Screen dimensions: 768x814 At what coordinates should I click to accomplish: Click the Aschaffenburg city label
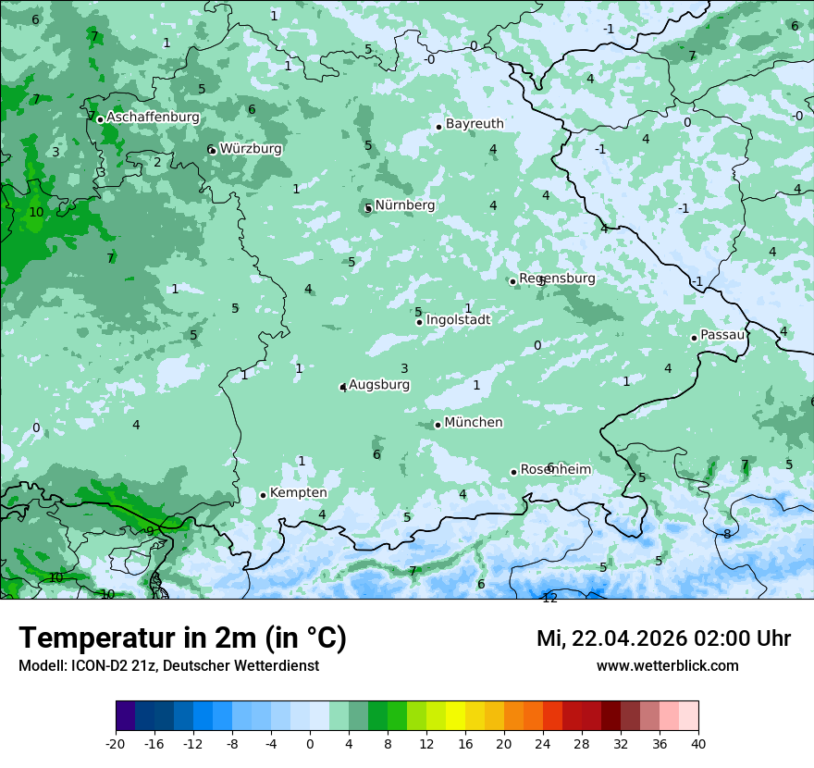click(153, 118)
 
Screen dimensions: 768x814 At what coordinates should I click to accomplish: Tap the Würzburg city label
click(251, 148)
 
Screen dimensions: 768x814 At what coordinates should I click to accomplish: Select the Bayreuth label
click(475, 123)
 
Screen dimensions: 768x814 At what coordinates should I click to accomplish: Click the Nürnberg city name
click(405, 204)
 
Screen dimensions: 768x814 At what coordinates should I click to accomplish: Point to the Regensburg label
click(557, 278)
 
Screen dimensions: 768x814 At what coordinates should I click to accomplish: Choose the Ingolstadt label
click(458, 319)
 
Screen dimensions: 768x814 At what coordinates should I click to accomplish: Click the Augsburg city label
click(379, 384)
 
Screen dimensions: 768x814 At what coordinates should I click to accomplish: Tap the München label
click(474, 422)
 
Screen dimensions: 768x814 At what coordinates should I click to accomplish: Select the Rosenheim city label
click(556, 469)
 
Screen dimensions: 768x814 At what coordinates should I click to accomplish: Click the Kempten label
click(298, 492)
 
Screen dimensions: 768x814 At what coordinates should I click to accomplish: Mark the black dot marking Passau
click(694, 338)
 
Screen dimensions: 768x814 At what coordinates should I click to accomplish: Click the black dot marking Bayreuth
click(438, 127)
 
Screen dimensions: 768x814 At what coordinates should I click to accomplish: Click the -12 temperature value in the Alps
click(549, 599)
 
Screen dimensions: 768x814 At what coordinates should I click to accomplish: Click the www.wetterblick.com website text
click(667, 665)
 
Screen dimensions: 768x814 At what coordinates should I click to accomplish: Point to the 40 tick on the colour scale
click(697, 743)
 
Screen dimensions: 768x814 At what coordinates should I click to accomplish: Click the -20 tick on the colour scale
click(116, 743)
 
